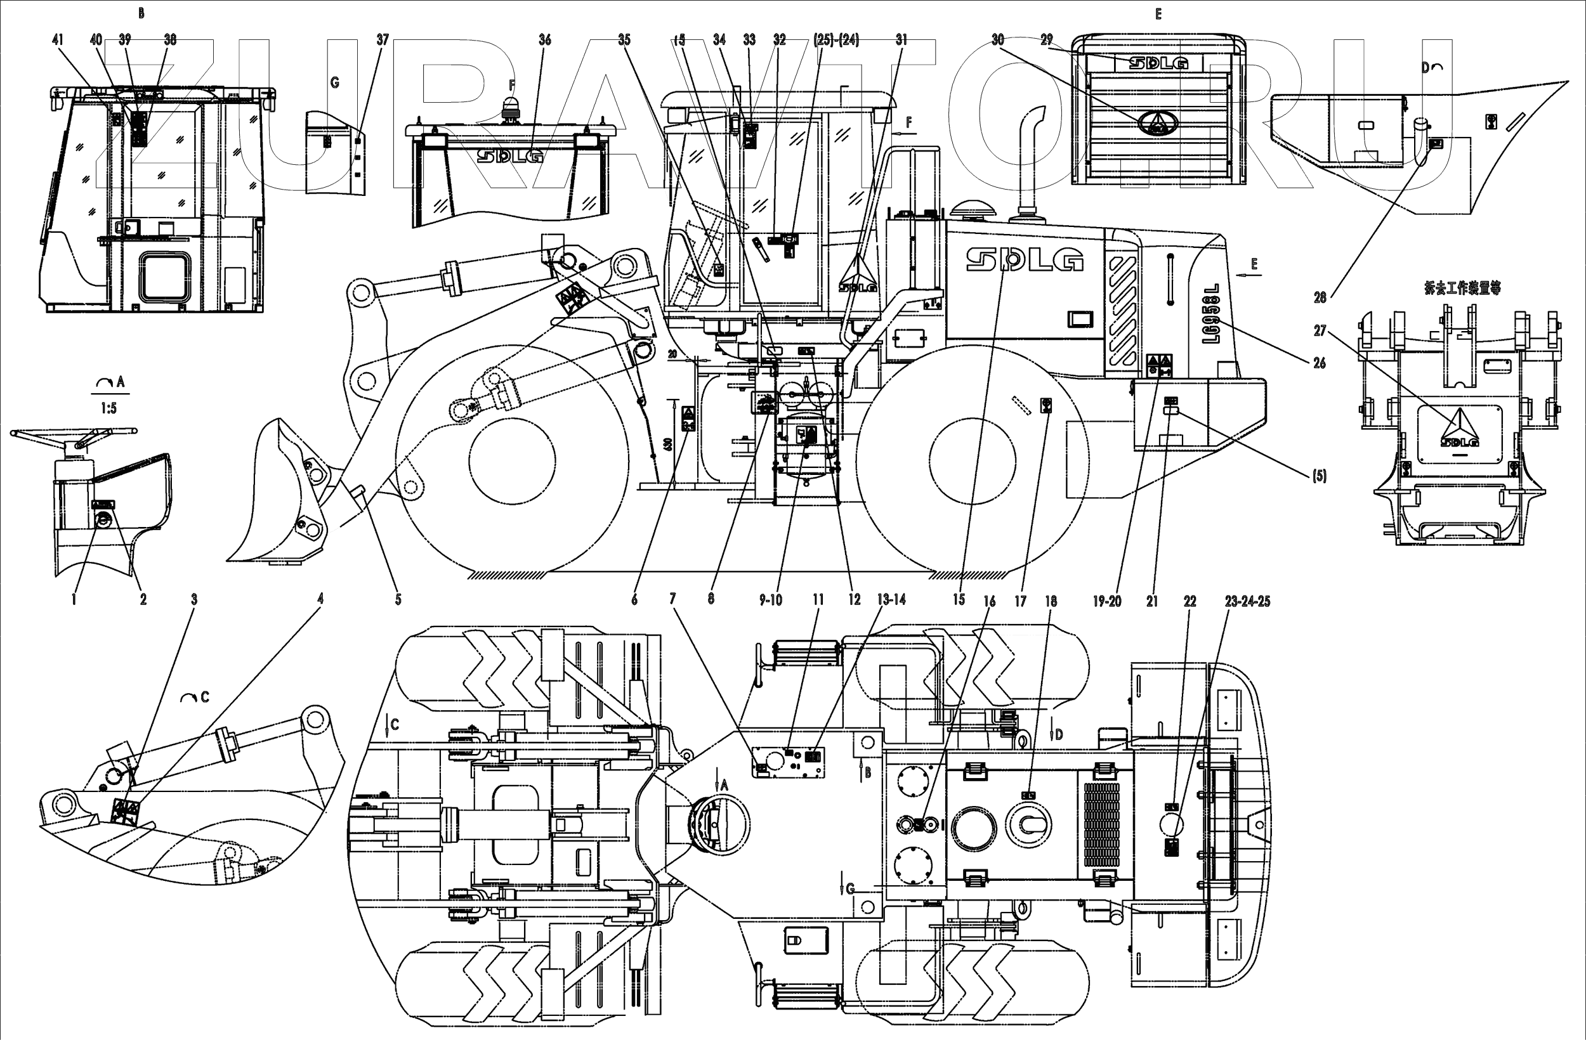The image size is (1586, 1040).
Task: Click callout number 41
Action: tap(58, 39)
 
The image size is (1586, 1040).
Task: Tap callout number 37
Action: tap(383, 40)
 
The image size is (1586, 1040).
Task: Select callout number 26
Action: tap(1320, 363)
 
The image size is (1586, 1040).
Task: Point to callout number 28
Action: tap(1320, 298)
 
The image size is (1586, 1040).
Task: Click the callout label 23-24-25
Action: tap(1247, 601)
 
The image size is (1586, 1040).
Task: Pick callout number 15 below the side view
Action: tap(959, 600)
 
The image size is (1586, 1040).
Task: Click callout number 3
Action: tap(194, 600)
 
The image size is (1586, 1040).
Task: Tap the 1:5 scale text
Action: tap(108, 408)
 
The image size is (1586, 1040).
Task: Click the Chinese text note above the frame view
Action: tap(1462, 289)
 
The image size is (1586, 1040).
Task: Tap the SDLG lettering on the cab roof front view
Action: tap(510, 155)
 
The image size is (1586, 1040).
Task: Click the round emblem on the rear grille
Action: tap(1158, 122)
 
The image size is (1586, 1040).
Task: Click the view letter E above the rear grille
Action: tap(1158, 14)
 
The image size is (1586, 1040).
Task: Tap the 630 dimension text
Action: tap(669, 442)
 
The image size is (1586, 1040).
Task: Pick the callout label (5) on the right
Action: tap(1319, 476)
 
